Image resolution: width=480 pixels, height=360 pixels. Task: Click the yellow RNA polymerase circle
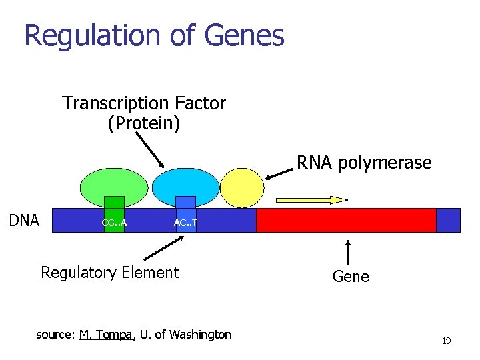tap(242, 187)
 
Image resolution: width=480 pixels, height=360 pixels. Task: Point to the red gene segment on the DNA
tap(346, 220)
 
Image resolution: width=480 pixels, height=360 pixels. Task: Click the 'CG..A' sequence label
tap(115, 222)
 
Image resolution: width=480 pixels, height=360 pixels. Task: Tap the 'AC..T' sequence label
tap(185, 222)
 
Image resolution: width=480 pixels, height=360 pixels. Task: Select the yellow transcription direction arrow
tap(312, 199)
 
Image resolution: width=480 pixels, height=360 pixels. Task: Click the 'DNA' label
tap(25, 221)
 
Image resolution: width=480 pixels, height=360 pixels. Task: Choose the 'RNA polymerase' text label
tap(364, 163)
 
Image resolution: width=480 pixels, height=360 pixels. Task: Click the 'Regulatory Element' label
tap(110, 272)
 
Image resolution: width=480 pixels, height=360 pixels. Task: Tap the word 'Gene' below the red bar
tap(351, 276)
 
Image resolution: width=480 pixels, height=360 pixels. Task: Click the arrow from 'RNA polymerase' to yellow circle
tap(279, 173)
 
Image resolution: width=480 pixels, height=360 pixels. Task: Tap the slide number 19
tap(446, 341)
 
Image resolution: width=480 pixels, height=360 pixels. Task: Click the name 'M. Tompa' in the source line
tap(106, 335)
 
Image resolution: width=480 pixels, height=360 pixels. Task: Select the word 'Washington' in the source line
tap(200, 335)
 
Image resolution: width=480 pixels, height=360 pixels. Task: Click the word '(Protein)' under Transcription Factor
tap(143, 124)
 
